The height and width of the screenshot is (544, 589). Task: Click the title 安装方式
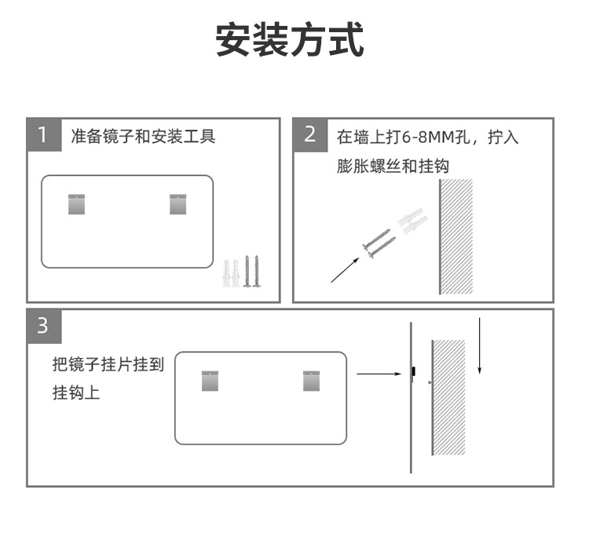click(x=291, y=40)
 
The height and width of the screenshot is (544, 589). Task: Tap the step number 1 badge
click(x=43, y=135)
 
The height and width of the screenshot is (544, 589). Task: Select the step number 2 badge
click(x=309, y=135)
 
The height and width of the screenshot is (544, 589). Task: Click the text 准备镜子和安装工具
click(x=143, y=137)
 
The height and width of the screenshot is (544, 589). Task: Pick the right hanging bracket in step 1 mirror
click(x=179, y=203)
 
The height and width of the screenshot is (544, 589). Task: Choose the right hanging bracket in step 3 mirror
click(x=313, y=380)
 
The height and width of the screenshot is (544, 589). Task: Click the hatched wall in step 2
click(x=456, y=235)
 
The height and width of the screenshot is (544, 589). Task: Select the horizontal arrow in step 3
click(x=379, y=374)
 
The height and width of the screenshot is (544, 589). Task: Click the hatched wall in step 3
click(x=448, y=396)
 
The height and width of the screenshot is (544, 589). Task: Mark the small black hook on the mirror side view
click(x=414, y=370)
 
